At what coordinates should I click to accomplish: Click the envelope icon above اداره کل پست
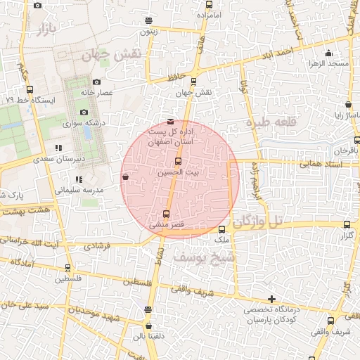(171, 122)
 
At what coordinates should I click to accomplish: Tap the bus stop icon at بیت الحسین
(177, 162)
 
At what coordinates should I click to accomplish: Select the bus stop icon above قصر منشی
(166, 214)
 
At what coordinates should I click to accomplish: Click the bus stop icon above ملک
(222, 230)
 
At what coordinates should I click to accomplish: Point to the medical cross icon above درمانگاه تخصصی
(271, 300)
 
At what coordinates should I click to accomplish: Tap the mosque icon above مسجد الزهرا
(328, 53)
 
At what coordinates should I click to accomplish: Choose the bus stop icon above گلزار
(345, 225)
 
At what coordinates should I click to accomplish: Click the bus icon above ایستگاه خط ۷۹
(29, 90)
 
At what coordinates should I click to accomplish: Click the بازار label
(43, 30)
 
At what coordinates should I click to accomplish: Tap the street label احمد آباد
(275, 53)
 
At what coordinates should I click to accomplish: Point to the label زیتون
(149, 32)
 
